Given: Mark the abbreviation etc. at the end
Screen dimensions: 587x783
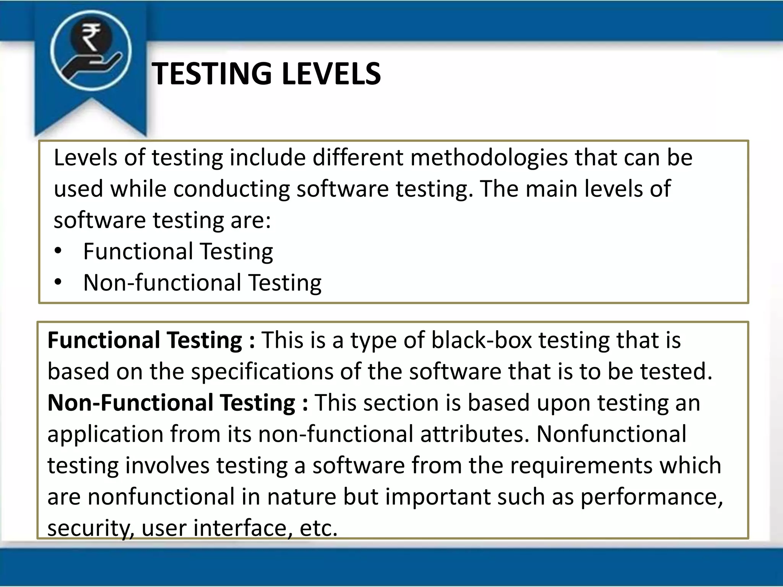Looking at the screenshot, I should click(318, 528).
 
